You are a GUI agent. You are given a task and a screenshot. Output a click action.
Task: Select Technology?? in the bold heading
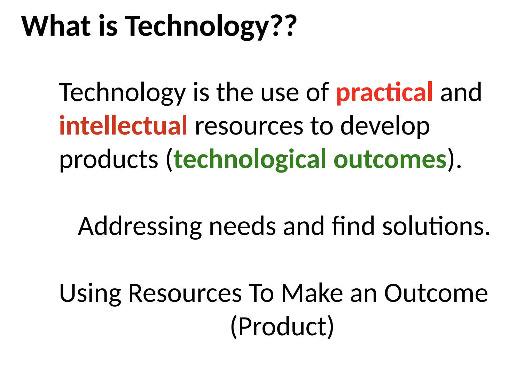[211, 26]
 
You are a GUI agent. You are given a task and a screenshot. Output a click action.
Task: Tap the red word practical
[384, 93]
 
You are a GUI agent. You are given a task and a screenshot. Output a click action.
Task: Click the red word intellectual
[123, 126]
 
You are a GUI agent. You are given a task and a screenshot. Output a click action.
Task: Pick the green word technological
[250, 160]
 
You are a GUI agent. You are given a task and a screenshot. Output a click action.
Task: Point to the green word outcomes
[390, 160]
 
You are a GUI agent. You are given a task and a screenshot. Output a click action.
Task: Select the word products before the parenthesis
[109, 160]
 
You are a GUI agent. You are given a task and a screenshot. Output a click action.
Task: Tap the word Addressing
[140, 227]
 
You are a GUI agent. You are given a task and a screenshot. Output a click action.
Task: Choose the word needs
[242, 226]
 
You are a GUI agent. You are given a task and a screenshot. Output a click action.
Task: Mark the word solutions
[436, 226]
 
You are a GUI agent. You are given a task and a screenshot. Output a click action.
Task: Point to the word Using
[90, 294]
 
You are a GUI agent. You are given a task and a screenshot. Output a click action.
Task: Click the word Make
[312, 293]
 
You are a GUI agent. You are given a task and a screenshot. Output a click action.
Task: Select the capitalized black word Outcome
[436, 293]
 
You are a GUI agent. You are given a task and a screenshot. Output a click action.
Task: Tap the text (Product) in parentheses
[282, 327]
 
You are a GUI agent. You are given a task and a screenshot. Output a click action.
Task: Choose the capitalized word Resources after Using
[185, 293]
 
